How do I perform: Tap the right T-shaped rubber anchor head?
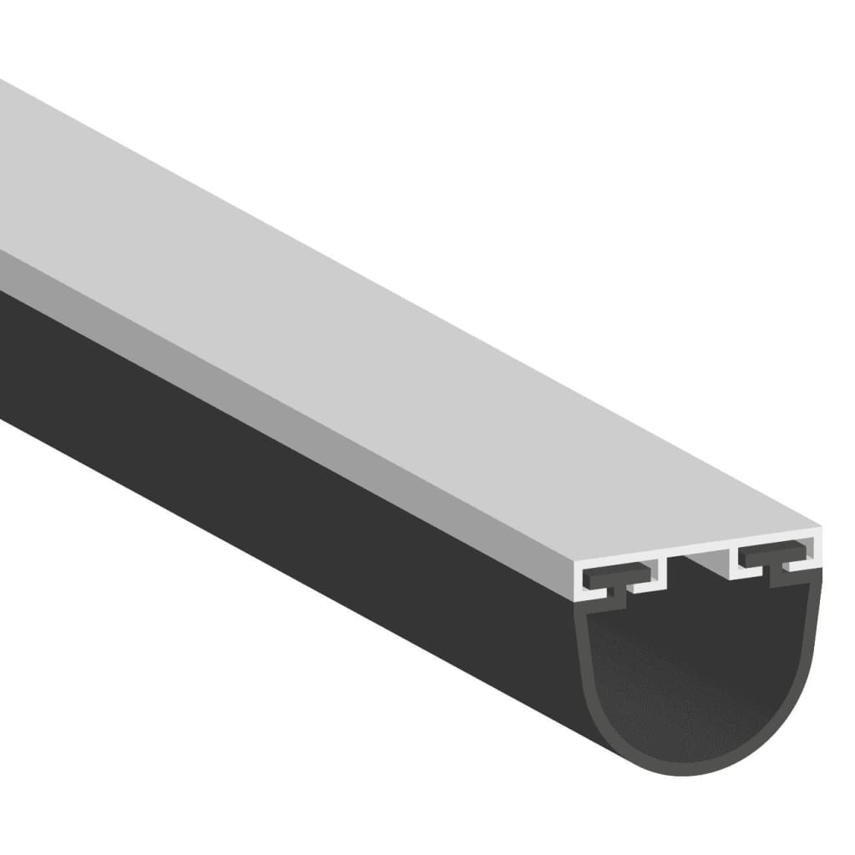[x=772, y=556]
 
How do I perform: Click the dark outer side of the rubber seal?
[x=292, y=501]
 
